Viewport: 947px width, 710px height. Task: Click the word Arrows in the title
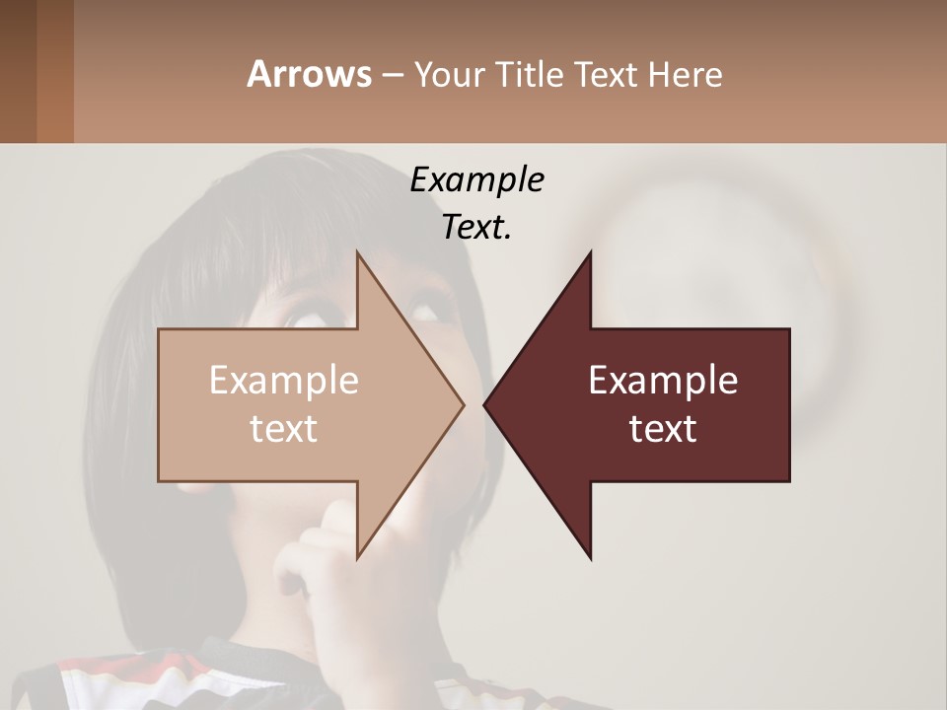tap(309, 74)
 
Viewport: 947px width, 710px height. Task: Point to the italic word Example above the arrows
tap(476, 179)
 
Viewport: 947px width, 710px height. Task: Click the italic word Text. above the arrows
tap(476, 228)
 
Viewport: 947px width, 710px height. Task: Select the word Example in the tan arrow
tap(284, 381)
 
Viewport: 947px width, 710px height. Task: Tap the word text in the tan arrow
tap(284, 429)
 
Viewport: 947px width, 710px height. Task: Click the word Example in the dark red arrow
tap(663, 381)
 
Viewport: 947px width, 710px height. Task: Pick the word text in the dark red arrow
tap(663, 429)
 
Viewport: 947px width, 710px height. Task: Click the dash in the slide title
tap(392, 75)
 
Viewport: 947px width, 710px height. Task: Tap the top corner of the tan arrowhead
tap(358, 254)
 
